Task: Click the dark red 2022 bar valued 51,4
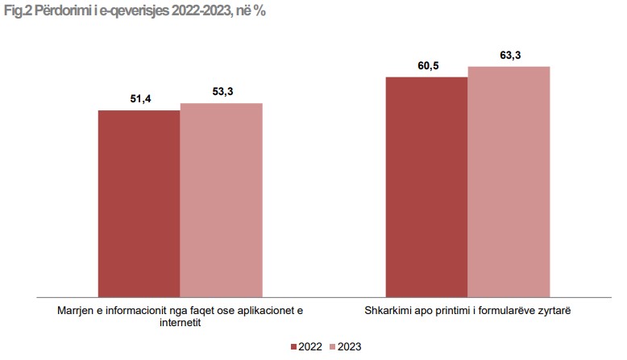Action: point(139,203)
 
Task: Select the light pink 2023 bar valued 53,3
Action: point(221,200)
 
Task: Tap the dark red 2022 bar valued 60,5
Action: point(426,187)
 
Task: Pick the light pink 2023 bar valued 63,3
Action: point(509,181)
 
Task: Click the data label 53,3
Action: point(222,92)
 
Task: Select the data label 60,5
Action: point(428,66)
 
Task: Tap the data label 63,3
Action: point(510,56)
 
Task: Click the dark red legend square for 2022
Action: point(294,346)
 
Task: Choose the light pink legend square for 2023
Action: point(333,346)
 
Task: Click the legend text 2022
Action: point(310,346)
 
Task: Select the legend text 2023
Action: point(350,346)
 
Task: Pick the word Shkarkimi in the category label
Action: point(385,310)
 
